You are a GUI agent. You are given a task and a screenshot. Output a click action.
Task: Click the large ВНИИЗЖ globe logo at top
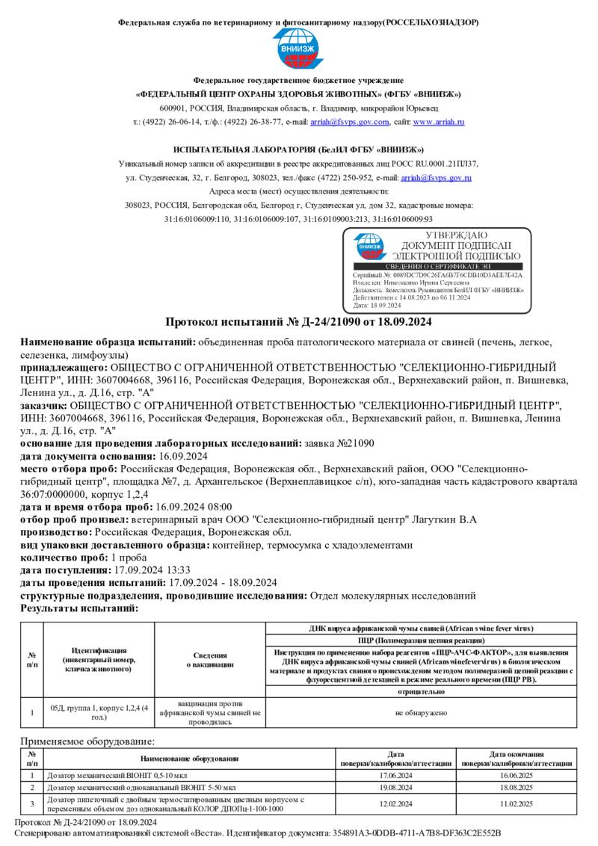pos(298,48)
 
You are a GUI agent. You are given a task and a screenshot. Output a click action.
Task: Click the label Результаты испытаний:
pos(79,609)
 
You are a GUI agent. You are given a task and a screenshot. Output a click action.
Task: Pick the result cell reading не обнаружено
pos(421,713)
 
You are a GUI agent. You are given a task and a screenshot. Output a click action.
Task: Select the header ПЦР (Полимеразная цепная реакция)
pos(421,640)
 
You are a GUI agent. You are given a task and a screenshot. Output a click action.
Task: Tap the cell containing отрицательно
pos(421,693)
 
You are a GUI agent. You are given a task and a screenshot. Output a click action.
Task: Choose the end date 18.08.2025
pos(517,788)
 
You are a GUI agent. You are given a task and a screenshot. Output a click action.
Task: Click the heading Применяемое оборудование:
pos(87,741)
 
